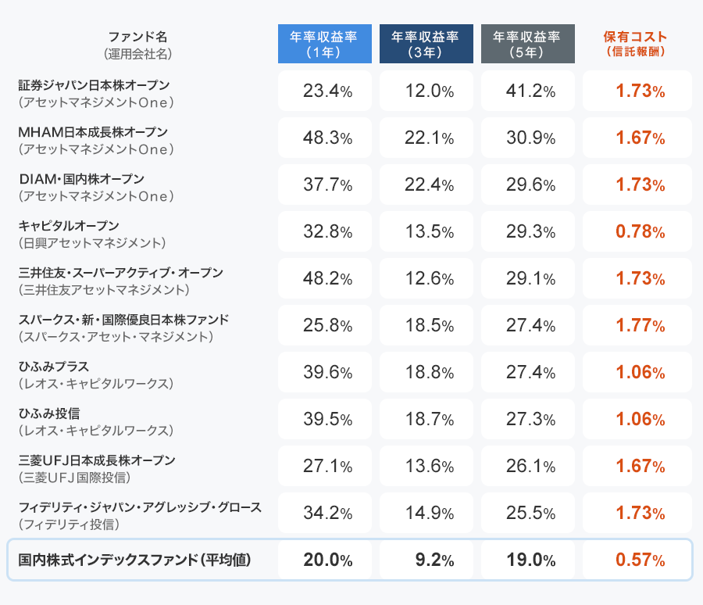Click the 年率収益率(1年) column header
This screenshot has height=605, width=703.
point(324,45)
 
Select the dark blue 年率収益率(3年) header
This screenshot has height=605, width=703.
point(426,45)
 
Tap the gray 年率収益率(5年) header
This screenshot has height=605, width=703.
point(527,45)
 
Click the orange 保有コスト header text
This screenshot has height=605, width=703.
point(636,38)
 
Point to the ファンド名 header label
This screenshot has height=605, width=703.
point(137,37)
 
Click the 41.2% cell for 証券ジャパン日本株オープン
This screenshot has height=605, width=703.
point(530,91)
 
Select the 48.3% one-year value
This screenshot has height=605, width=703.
point(327,138)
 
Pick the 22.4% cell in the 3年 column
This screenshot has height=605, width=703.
point(429,185)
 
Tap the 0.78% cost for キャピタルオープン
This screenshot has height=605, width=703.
point(640,232)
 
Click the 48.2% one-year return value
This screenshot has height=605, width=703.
point(327,279)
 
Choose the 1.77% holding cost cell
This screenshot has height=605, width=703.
point(640,326)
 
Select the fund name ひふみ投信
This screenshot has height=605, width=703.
point(49,413)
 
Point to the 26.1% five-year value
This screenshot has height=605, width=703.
point(530,467)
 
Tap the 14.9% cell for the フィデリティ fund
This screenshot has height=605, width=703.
point(429,514)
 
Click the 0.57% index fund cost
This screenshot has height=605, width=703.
point(640,560)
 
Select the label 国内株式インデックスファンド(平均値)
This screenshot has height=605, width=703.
point(134,560)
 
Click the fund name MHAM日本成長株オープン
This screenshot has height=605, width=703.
point(93,131)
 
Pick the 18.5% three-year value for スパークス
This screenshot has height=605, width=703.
point(429,326)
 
